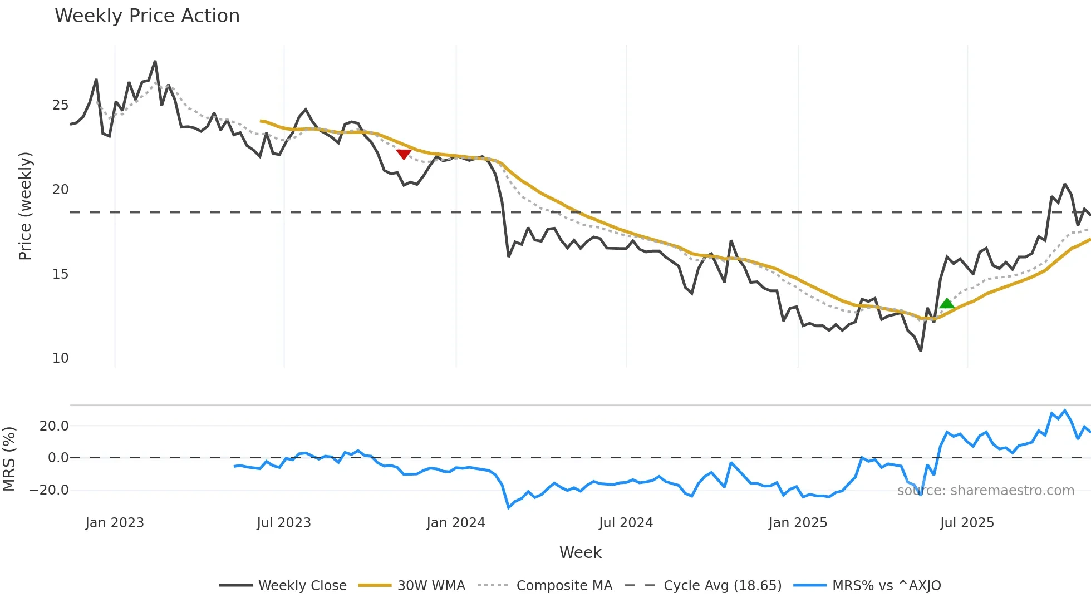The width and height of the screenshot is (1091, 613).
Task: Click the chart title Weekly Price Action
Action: click(x=147, y=16)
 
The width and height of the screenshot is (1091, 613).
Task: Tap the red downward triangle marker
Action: click(x=404, y=154)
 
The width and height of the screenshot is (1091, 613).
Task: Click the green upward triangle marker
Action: click(x=947, y=304)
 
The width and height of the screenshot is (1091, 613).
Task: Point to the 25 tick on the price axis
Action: click(x=60, y=105)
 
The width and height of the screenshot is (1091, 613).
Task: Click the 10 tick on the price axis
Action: click(x=60, y=358)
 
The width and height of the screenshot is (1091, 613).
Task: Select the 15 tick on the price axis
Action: click(x=60, y=274)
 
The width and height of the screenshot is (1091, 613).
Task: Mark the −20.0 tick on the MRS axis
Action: click(x=49, y=490)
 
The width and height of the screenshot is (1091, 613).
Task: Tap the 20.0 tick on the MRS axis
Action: click(x=54, y=426)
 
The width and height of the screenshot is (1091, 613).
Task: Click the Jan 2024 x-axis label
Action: click(x=456, y=523)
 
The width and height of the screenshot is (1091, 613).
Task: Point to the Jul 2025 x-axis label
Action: click(x=967, y=523)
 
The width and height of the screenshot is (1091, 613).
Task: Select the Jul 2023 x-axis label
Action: click(x=284, y=523)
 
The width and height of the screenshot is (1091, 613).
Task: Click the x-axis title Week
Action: click(x=580, y=552)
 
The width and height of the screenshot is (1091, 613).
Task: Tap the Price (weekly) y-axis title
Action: click(x=26, y=206)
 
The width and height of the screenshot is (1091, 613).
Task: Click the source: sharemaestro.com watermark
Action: click(x=985, y=491)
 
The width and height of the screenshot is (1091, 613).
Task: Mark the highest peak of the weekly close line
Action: click(x=155, y=61)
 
